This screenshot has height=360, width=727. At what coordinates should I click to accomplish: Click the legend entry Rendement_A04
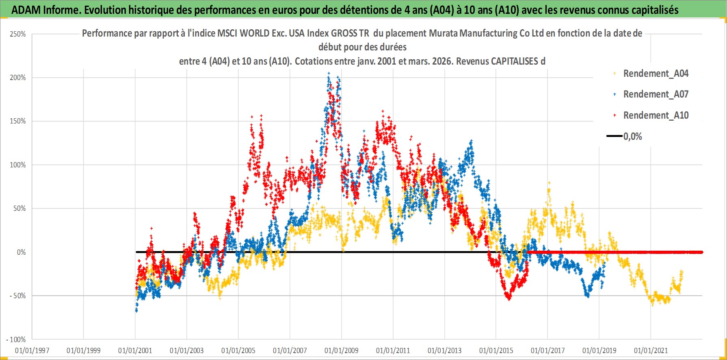[x=656, y=74]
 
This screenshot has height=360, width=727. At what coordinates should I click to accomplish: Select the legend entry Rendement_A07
[x=656, y=94]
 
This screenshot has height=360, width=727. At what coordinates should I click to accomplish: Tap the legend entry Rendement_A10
[x=656, y=115]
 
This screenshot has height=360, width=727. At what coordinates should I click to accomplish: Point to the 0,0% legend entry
[x=632, y=137]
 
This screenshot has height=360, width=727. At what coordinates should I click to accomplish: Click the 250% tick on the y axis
[x=18, y=34]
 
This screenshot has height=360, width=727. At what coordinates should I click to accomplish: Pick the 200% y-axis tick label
[x=18, y=78]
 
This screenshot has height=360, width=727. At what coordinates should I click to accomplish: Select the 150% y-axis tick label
[x=18, y=121]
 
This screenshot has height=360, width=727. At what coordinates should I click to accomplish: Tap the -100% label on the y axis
[x=16, y=339]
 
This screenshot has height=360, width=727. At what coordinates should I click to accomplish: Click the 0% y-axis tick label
[x=21, y=252]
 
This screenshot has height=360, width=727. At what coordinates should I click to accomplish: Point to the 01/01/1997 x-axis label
[x=32, y=350]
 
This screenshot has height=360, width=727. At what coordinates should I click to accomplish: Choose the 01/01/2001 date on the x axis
[x=135, y=350]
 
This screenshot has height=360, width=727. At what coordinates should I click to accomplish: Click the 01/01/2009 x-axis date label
[x=342, y=350]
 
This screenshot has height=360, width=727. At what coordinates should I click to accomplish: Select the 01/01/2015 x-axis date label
[x=496, y=350]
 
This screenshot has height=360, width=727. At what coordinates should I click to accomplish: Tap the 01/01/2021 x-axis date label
[x=651, y=350]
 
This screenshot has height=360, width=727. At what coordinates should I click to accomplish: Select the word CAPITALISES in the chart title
[x=514, y=61]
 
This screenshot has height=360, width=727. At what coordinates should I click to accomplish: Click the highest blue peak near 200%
[x=329, y=74]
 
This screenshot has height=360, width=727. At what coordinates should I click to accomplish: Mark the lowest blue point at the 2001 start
[x=136, y=311]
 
